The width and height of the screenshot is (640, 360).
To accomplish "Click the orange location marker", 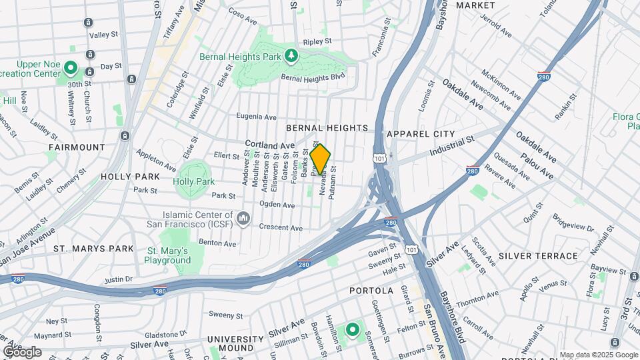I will click(x=320, y=160).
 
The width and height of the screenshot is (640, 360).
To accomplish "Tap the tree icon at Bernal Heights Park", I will click(x=291, y=57).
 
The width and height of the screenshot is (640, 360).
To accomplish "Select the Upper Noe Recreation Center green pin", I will click(x=71, y=69).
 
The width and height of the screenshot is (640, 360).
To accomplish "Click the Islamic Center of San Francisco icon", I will click(x=243, y=219).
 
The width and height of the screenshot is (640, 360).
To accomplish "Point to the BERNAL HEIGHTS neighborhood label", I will click(x=327, y=127).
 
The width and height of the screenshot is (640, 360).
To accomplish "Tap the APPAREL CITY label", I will click(x=420, y=134).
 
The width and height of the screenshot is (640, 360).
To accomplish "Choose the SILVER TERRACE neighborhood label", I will click(x=538, y=256).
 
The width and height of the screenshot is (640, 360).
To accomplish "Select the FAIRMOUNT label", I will click(x=77, y=147).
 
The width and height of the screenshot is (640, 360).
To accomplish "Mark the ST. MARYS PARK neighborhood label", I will click(x=94, y=249).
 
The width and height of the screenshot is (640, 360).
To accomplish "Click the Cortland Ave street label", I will click(x=269, y=144).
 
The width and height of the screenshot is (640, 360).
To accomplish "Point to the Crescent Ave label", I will click(x=281, y=227).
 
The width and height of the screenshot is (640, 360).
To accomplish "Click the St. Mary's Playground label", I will click(x=168, y=255).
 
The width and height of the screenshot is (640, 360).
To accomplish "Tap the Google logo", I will click(x=22, y=352).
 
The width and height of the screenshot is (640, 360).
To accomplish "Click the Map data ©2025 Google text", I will click(x=599, y=355).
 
